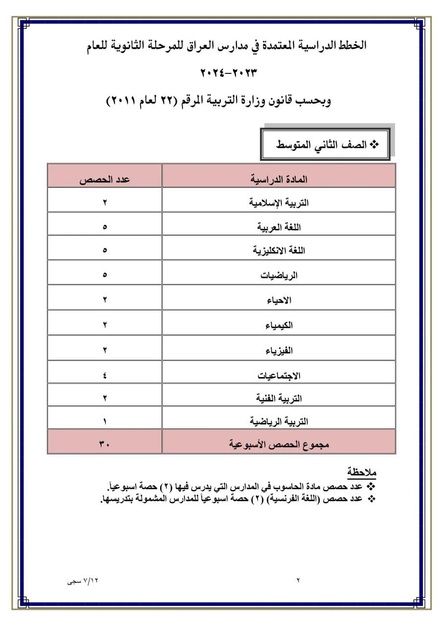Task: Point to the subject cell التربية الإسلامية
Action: tap(279, 202)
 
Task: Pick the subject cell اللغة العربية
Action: tap(279, 227)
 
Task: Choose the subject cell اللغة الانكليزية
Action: tap(279, 250)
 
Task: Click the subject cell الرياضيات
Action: tap(279, 275)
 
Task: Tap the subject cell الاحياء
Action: tap(279, 300)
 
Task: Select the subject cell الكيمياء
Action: tap(279, 325)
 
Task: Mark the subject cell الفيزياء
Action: tap(279, 350)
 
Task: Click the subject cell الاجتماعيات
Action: tap(279, 376)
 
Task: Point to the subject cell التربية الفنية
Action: tap(279, 399)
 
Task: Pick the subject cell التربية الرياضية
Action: tap(279, 421)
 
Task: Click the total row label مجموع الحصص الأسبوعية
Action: tap(279, 445)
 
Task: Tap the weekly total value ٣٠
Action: tap(105, 445)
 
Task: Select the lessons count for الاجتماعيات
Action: tap(105, 376)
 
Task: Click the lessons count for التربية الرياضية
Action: tap(105, 421)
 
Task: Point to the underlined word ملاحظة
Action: tap(362, 472)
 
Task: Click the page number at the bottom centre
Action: tap(298, 581)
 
